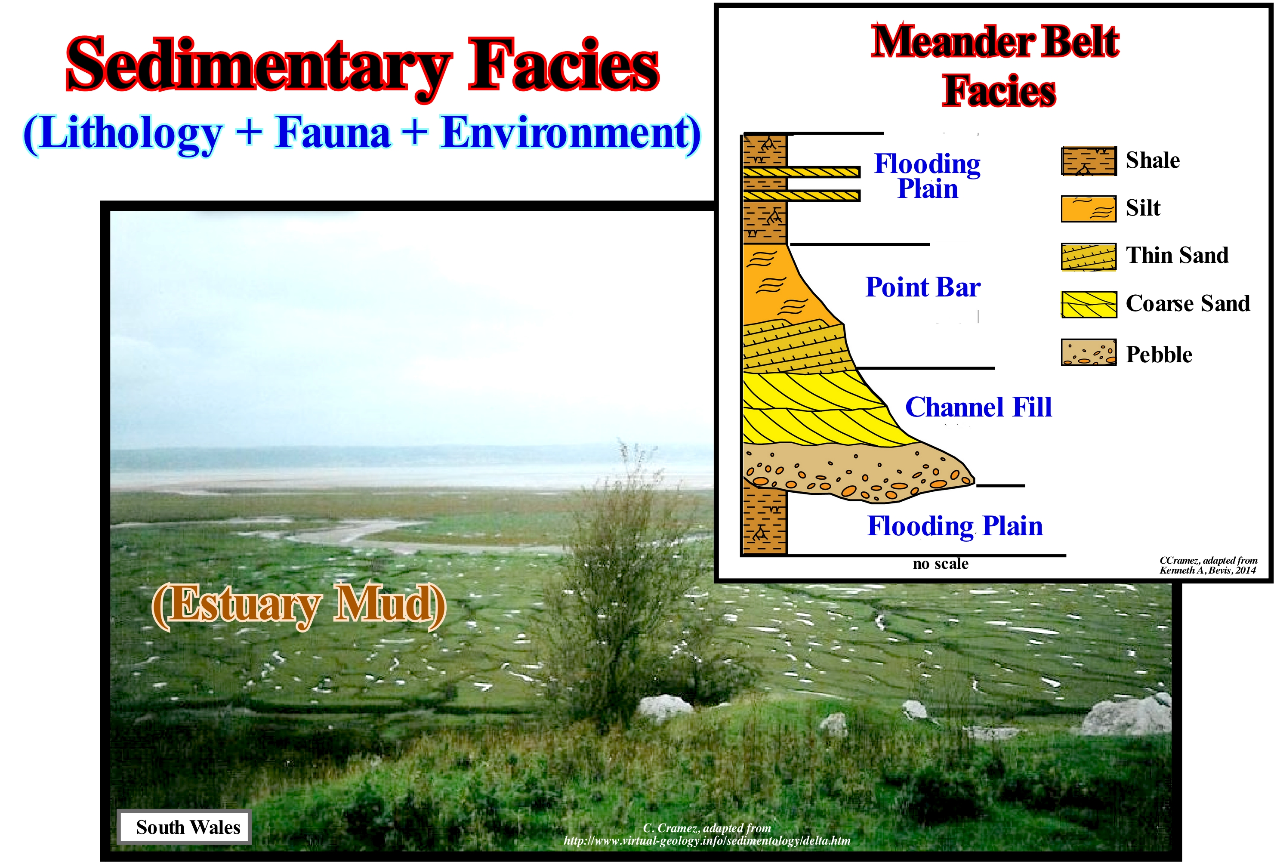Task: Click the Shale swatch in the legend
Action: pos(1089,161)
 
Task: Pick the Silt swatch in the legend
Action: pos(1089,209)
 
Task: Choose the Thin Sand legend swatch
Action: pos(1089,256)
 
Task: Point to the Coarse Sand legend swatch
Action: pos(1089,304)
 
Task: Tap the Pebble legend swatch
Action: pos(1089,352)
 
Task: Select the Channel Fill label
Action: pos(978,407)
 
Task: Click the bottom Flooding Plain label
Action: pos(955,526)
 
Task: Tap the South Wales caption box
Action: pos(184,827)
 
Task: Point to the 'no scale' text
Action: pos(941,564)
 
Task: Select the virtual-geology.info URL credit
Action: pos(707,840)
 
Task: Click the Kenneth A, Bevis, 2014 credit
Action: pos(1208,570)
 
